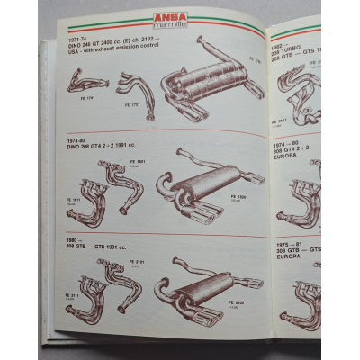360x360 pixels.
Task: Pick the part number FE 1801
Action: click(x=141, y=162)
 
